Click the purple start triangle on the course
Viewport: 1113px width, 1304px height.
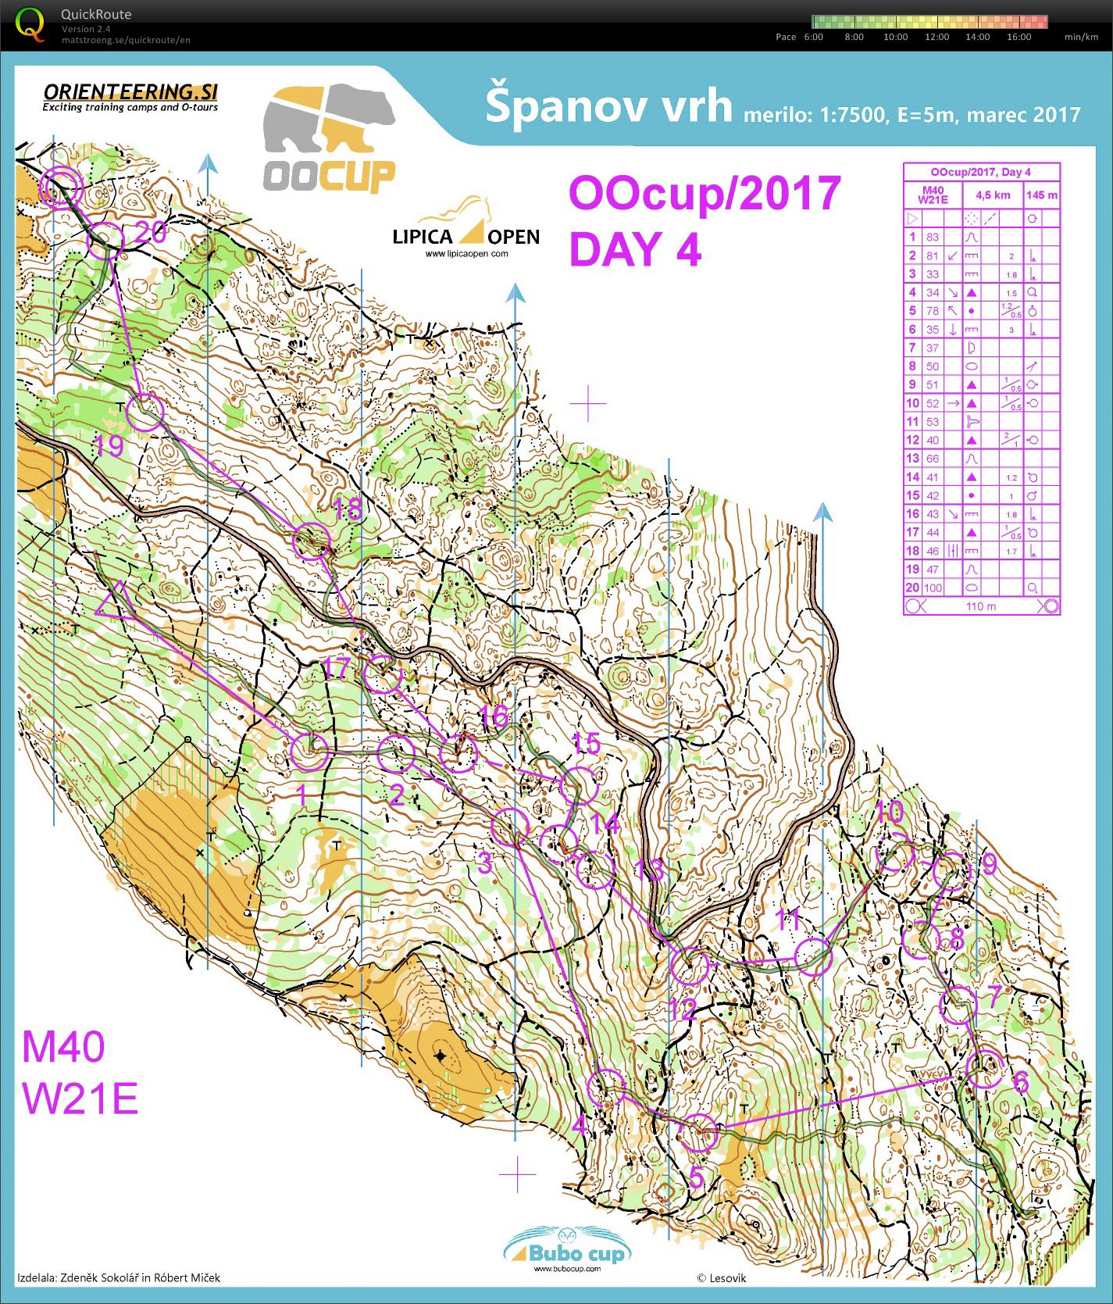pos(116,602)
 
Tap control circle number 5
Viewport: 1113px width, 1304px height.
pos(699,1133)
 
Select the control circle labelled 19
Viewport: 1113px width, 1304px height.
pos(146,413)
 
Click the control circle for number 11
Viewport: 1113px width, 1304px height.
pos(813,956)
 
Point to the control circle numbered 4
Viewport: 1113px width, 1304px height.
pos(606,1088)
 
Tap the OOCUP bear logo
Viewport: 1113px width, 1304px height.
pos(328,139)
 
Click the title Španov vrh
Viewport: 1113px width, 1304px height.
pos(608,107)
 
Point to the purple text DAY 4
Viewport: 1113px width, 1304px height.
pos(635,250)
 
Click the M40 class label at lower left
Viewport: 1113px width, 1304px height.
pos(63,1047)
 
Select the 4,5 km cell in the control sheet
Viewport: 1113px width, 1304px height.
pos(992,195)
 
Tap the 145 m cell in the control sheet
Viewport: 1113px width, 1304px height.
pos(1042,195)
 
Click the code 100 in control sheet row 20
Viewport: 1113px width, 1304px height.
pos(933,588)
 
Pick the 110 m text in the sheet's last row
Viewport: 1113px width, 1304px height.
pos(981,606)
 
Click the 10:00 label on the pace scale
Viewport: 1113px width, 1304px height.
pos(895,37)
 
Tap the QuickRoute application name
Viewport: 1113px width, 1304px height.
pos(96,14)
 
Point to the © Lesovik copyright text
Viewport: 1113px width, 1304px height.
pos(721,1278)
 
